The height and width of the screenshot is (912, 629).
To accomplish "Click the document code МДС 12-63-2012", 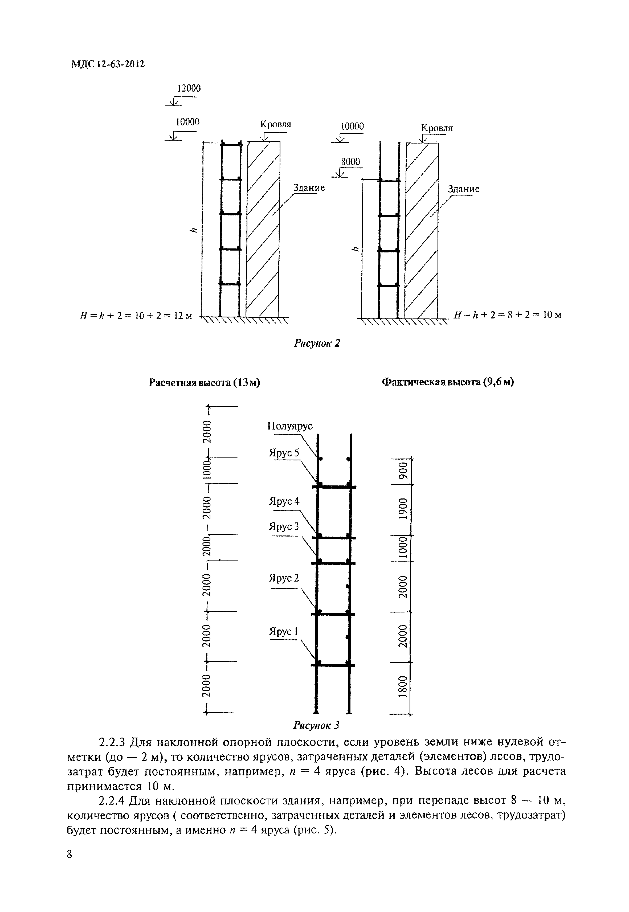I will point(108,64).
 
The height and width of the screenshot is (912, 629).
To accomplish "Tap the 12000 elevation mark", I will point(189,88).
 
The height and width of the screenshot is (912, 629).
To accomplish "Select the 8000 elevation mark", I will point(350,162).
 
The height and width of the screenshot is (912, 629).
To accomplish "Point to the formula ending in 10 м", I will point(508,315).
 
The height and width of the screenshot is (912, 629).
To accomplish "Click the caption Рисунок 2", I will point(317,343).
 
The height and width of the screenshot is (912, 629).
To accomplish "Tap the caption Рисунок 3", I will point(316,725).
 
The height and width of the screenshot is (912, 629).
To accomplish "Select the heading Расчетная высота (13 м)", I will point(204,383).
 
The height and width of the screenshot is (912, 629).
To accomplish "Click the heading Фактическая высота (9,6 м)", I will point(448,382).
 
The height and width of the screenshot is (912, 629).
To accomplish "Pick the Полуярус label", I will point(290,426).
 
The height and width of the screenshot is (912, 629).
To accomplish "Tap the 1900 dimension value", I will point(402,509).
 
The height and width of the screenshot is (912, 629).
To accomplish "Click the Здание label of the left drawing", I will point(309,188).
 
